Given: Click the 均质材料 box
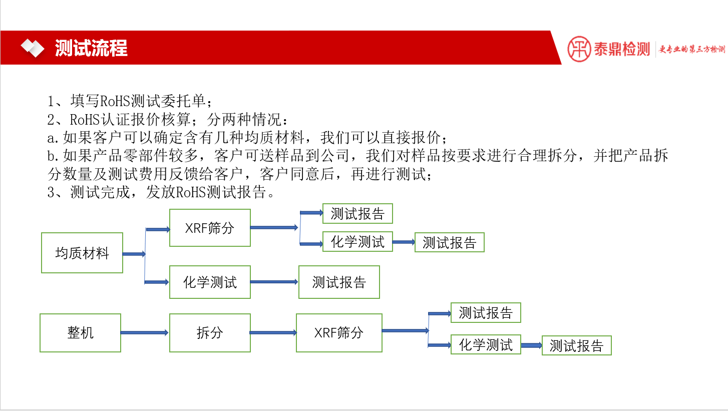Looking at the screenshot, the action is [x=82, y=253].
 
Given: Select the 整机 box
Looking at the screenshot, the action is [x=80, y=333].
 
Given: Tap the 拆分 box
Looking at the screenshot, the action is [x=210, y=333].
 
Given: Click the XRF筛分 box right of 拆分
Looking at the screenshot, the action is [x=339, y=333].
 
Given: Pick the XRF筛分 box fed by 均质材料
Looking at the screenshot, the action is [x=210, y=228].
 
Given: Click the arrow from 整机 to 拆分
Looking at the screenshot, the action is [x=145, y=333].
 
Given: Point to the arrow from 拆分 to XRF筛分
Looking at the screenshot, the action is [x=273, y=333].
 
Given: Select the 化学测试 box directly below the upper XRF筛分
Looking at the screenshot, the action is [x=210, y=282].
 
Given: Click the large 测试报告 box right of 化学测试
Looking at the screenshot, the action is [x=339, y=282].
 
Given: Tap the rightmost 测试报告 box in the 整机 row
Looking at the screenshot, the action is [x=577, y=345].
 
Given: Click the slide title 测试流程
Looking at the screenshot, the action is [x=91, y=48].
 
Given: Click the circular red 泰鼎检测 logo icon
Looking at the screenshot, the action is [x=579, y=49].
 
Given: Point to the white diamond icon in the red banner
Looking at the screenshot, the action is [x=33, y=48].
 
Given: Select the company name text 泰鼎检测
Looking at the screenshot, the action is [x=622, y=49].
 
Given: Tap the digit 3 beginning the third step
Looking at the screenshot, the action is [x=51, y=192].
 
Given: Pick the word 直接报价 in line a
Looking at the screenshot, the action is [x=412, y=138].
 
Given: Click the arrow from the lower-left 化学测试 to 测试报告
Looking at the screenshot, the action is [x=274, y=282].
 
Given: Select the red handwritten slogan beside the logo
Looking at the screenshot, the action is [x=691, y=49].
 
